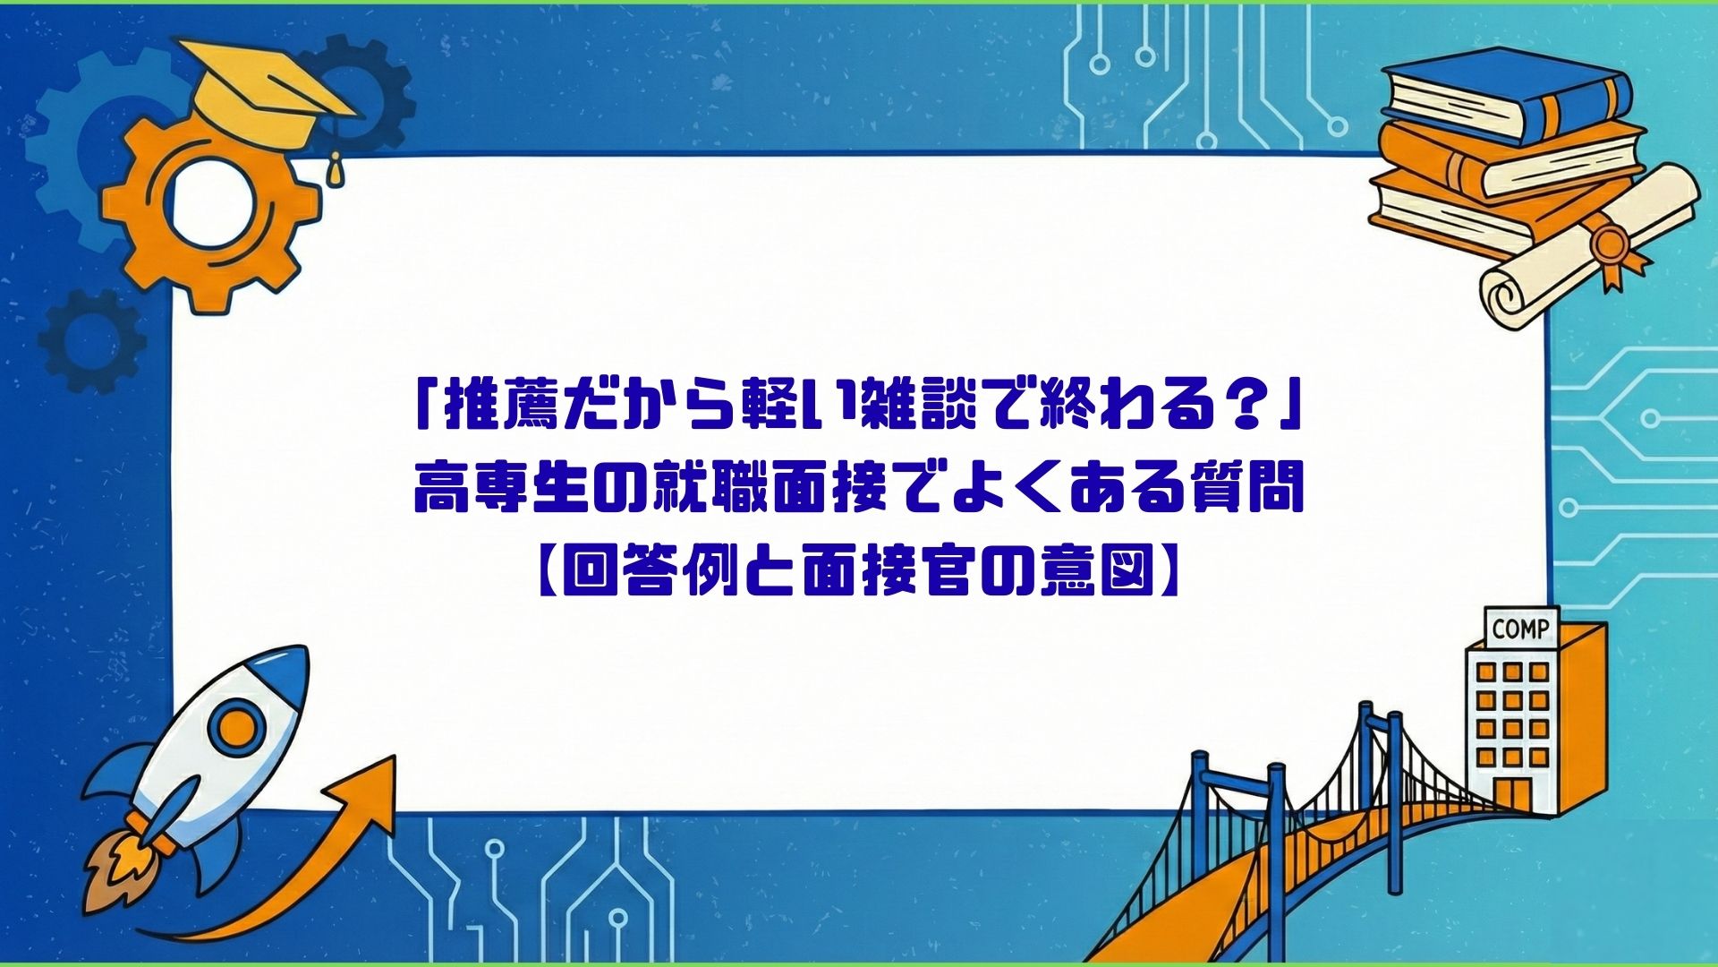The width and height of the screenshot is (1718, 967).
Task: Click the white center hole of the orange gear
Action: (x=212, y=204)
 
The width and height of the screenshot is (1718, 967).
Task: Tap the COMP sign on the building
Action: (x=1520, y=629)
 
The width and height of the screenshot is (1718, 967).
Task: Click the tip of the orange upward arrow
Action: (x=394, y=757)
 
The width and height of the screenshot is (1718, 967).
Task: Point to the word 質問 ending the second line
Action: (x=1244, y=491)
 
